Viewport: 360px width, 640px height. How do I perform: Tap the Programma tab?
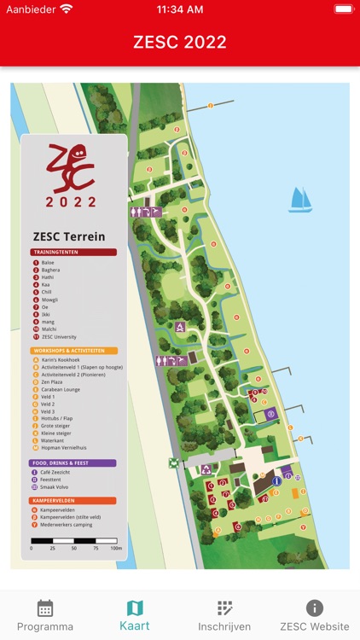point(45,615)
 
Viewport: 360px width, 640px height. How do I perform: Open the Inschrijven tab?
point(224,615)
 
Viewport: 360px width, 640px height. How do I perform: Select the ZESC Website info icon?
point(314,608)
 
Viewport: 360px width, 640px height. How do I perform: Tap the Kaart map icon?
point(135,608)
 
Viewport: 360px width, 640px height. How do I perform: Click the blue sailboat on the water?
point(300,200)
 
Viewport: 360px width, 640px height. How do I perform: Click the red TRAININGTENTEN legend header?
point(73,253)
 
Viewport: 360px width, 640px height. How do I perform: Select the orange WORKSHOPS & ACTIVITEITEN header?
point(73,351)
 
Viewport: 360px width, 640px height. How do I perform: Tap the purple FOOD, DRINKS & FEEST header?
point(73,463)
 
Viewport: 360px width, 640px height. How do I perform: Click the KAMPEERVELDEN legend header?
point(73,501)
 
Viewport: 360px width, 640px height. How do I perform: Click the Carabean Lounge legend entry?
point(60,389)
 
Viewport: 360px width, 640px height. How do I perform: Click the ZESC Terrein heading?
point(69,236)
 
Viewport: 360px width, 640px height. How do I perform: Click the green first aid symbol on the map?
point(174,463)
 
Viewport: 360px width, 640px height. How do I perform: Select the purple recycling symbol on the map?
point(206,469)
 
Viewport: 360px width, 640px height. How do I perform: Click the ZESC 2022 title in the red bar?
point(180,42)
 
